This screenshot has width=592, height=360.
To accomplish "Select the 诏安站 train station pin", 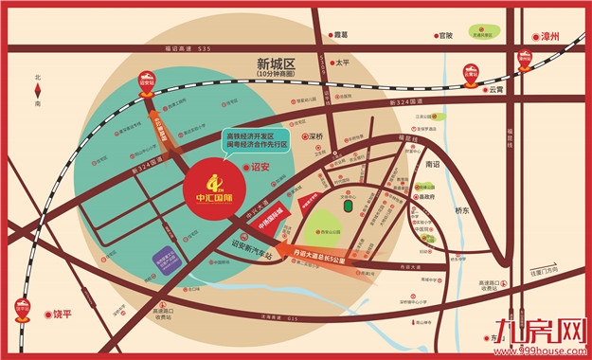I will coord(147,80).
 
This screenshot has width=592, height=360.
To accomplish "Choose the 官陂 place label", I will coord(445,36).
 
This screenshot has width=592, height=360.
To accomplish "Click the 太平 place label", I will coord(344,64).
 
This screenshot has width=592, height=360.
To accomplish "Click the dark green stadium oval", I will coord(348,206).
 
